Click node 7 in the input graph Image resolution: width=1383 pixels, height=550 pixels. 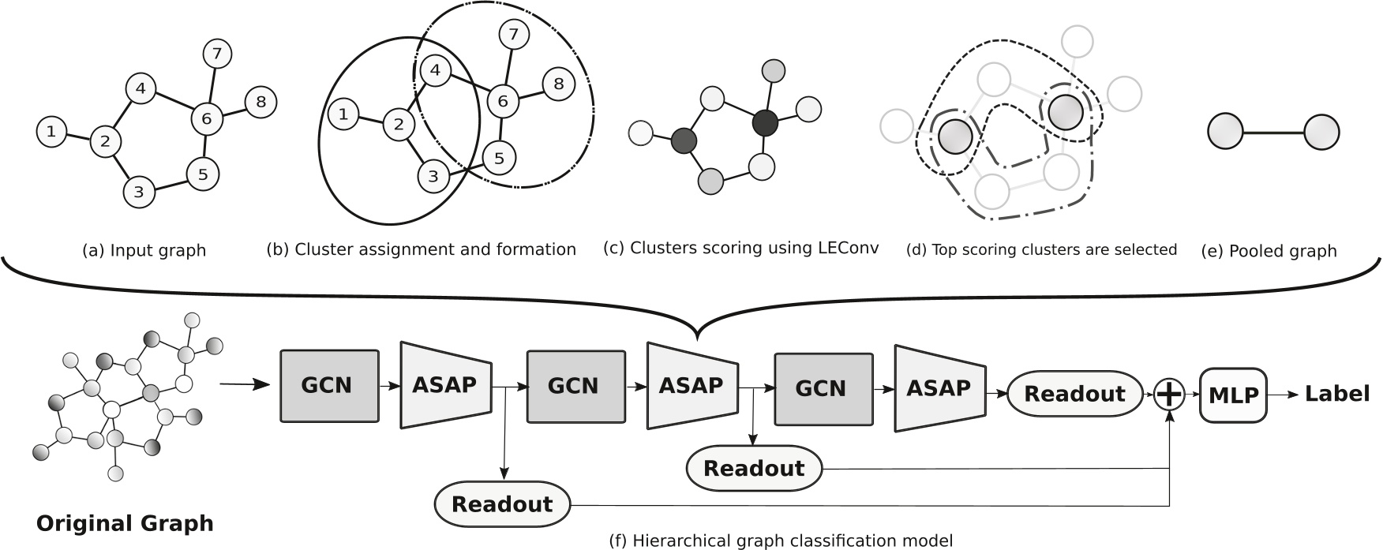[217, 54]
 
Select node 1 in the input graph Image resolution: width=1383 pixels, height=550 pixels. [51, 132]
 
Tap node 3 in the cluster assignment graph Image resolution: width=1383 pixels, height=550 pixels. [433, 176]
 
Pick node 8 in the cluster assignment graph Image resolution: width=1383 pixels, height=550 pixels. [559, 84]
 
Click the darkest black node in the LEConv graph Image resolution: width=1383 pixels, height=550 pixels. [765, 122]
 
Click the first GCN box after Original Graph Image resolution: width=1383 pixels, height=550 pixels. [328, 386]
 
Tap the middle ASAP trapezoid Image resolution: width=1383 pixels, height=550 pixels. [692, 385]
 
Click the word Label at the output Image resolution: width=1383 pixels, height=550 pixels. [1336, 394]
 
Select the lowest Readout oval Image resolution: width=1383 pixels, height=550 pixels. [503, 504]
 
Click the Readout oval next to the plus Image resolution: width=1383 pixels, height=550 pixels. [1075, 394]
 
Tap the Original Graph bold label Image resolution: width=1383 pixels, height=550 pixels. [125, 523]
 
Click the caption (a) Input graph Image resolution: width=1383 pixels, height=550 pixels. [144, 251]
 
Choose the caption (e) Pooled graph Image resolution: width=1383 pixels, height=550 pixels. [1269, 251]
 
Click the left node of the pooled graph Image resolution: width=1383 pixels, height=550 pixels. [1226, 132]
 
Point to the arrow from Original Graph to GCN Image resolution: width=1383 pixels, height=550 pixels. [244, 385]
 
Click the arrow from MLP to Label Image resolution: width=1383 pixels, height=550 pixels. [1283, 395]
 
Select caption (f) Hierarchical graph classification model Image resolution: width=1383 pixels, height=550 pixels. [781, 541]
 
